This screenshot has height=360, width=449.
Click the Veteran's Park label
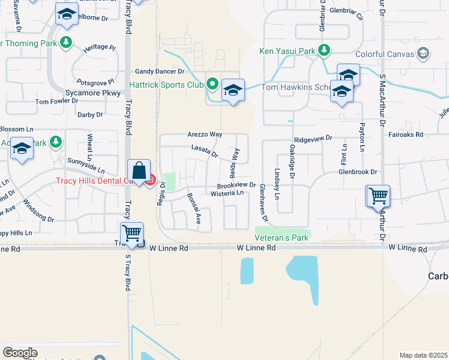coord(282,238)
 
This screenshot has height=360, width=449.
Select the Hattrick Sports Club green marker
coord(212,84)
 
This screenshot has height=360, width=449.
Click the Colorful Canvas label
coord(388,54)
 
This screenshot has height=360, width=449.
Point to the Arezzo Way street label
coord(205,135)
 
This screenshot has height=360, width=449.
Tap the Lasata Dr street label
coord(204,151)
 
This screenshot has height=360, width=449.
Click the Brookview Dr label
coord(237,186)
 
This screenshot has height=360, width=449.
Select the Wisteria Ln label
coord(227,193)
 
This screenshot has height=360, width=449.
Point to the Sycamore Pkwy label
coord(90,94)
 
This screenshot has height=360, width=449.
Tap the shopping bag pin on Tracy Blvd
coord(139,170)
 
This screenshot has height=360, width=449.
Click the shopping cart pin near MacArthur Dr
coord(378,196)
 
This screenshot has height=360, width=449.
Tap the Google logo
coord(20,353)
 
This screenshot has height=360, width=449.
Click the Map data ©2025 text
coord(423,355)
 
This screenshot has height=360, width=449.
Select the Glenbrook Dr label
coord(357,172)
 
